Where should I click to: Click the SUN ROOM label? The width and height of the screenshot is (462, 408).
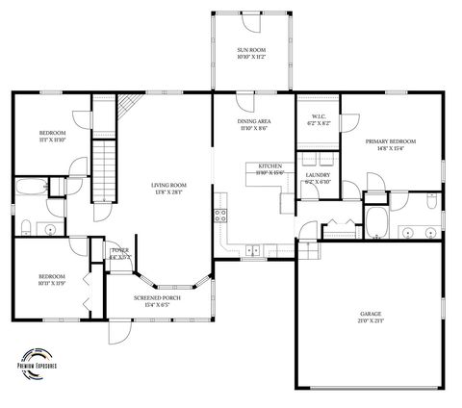point(251,49)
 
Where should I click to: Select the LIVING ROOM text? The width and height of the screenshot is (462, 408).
point(168,185)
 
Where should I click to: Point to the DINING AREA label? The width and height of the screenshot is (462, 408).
point(253,121)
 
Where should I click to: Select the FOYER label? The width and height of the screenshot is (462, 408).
point(120,252)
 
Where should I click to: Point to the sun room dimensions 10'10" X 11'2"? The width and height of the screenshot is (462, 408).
point(251,57)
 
